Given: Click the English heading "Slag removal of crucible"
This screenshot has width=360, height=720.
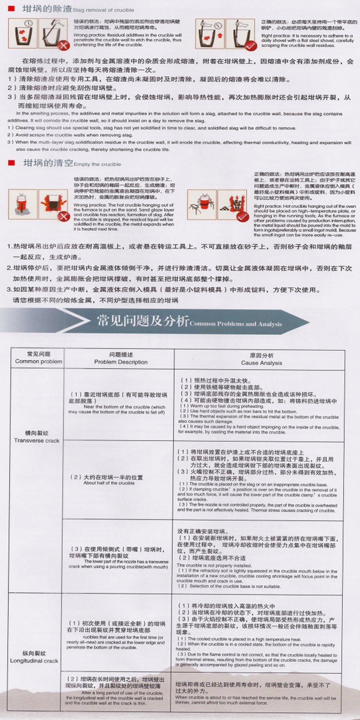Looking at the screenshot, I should (x=104, y=10).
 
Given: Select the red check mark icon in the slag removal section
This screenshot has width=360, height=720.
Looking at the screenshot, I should (x=250, y=46).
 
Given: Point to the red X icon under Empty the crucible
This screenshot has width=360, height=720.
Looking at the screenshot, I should (x=62, y=216).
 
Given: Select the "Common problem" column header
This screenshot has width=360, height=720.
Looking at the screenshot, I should (x=38, y=361).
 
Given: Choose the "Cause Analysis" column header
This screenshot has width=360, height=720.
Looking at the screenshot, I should (x=262, y=363).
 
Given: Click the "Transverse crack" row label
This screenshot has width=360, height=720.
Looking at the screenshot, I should (x=36, y=440).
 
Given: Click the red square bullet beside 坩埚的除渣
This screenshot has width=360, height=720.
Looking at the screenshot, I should (x=13, y=9).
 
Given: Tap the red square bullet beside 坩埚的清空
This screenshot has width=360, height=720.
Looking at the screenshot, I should (x=13, y=163).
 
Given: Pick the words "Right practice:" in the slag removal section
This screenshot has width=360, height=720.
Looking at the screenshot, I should (x=273, y=36).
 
